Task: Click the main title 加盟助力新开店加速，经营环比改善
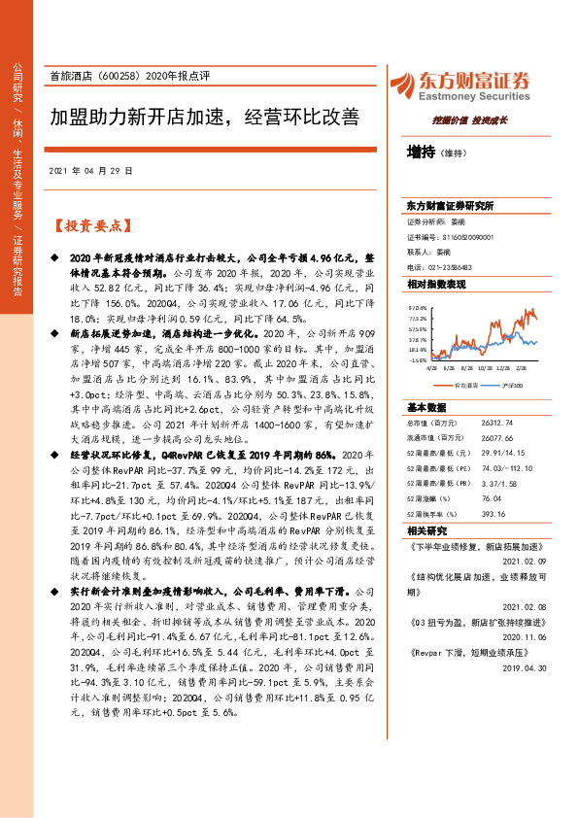(x=204, y=118)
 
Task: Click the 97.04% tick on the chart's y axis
(x=417, y=307)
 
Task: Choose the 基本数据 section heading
(x=426, y=406)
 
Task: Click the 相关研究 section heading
(x=426, y=530)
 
